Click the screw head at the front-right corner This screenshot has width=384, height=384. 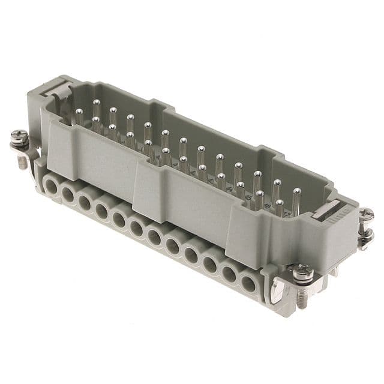pyautogui.click(x=302, y=273)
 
